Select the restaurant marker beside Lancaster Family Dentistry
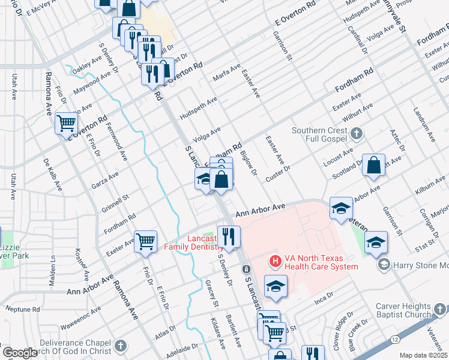228,236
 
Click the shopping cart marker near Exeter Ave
146,241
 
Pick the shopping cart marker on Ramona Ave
67,123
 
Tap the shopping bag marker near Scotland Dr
373,166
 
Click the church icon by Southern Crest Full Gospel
356,133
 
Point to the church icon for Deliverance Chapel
121,346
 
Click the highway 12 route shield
394,340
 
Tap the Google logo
19,353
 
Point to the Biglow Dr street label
248,161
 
